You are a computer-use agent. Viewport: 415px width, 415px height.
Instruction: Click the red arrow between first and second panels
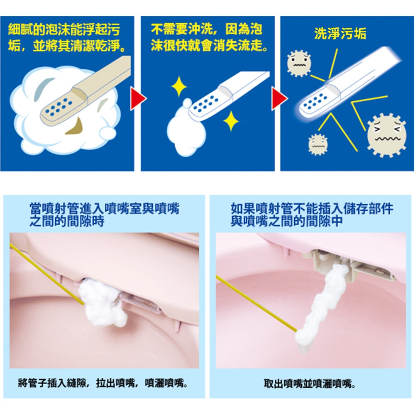coord(139,100)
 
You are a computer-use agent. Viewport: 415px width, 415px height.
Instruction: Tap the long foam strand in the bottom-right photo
coord(324,305)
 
